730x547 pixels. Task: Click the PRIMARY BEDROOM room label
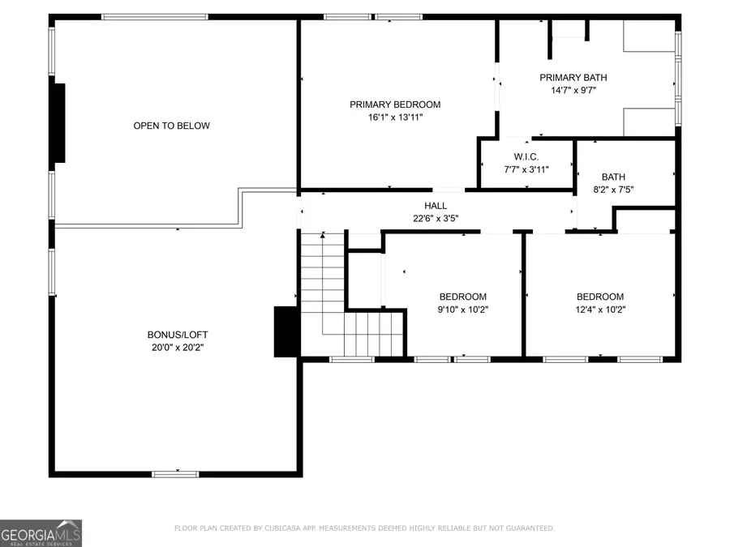click(395, 105)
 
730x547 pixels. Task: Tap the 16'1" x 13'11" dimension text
click(395, 117)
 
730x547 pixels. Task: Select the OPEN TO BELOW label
click(171, 126)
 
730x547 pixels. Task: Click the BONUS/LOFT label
click(171, 335)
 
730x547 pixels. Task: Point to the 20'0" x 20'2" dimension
click(171, 347)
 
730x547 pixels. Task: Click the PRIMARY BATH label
click(573, 78)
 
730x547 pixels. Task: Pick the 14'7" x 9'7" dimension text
click(573, 90)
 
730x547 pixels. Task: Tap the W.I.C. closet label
click(526, 156)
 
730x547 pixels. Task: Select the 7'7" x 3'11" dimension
click(526, 169)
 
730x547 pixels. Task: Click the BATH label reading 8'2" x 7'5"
click(613, 177)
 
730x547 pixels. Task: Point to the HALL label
click(436, 206)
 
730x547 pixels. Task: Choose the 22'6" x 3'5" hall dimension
click(436, 217)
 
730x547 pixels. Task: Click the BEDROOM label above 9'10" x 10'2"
click(463, 297)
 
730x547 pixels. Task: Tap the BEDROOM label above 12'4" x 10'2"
click(600, 297)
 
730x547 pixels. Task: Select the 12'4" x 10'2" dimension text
click(600, 309)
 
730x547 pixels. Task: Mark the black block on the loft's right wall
click(286, 331)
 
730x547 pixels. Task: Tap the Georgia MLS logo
click(41, 533)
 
